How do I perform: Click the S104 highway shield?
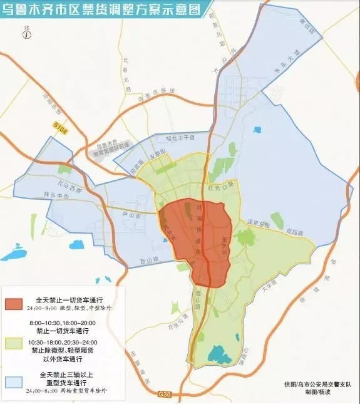pyautogui.click(x=58, y=125)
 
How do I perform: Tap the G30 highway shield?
pyautogui.click(x=164, y=393)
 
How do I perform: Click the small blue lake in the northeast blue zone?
pyautogui.click(x=257, y=130)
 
